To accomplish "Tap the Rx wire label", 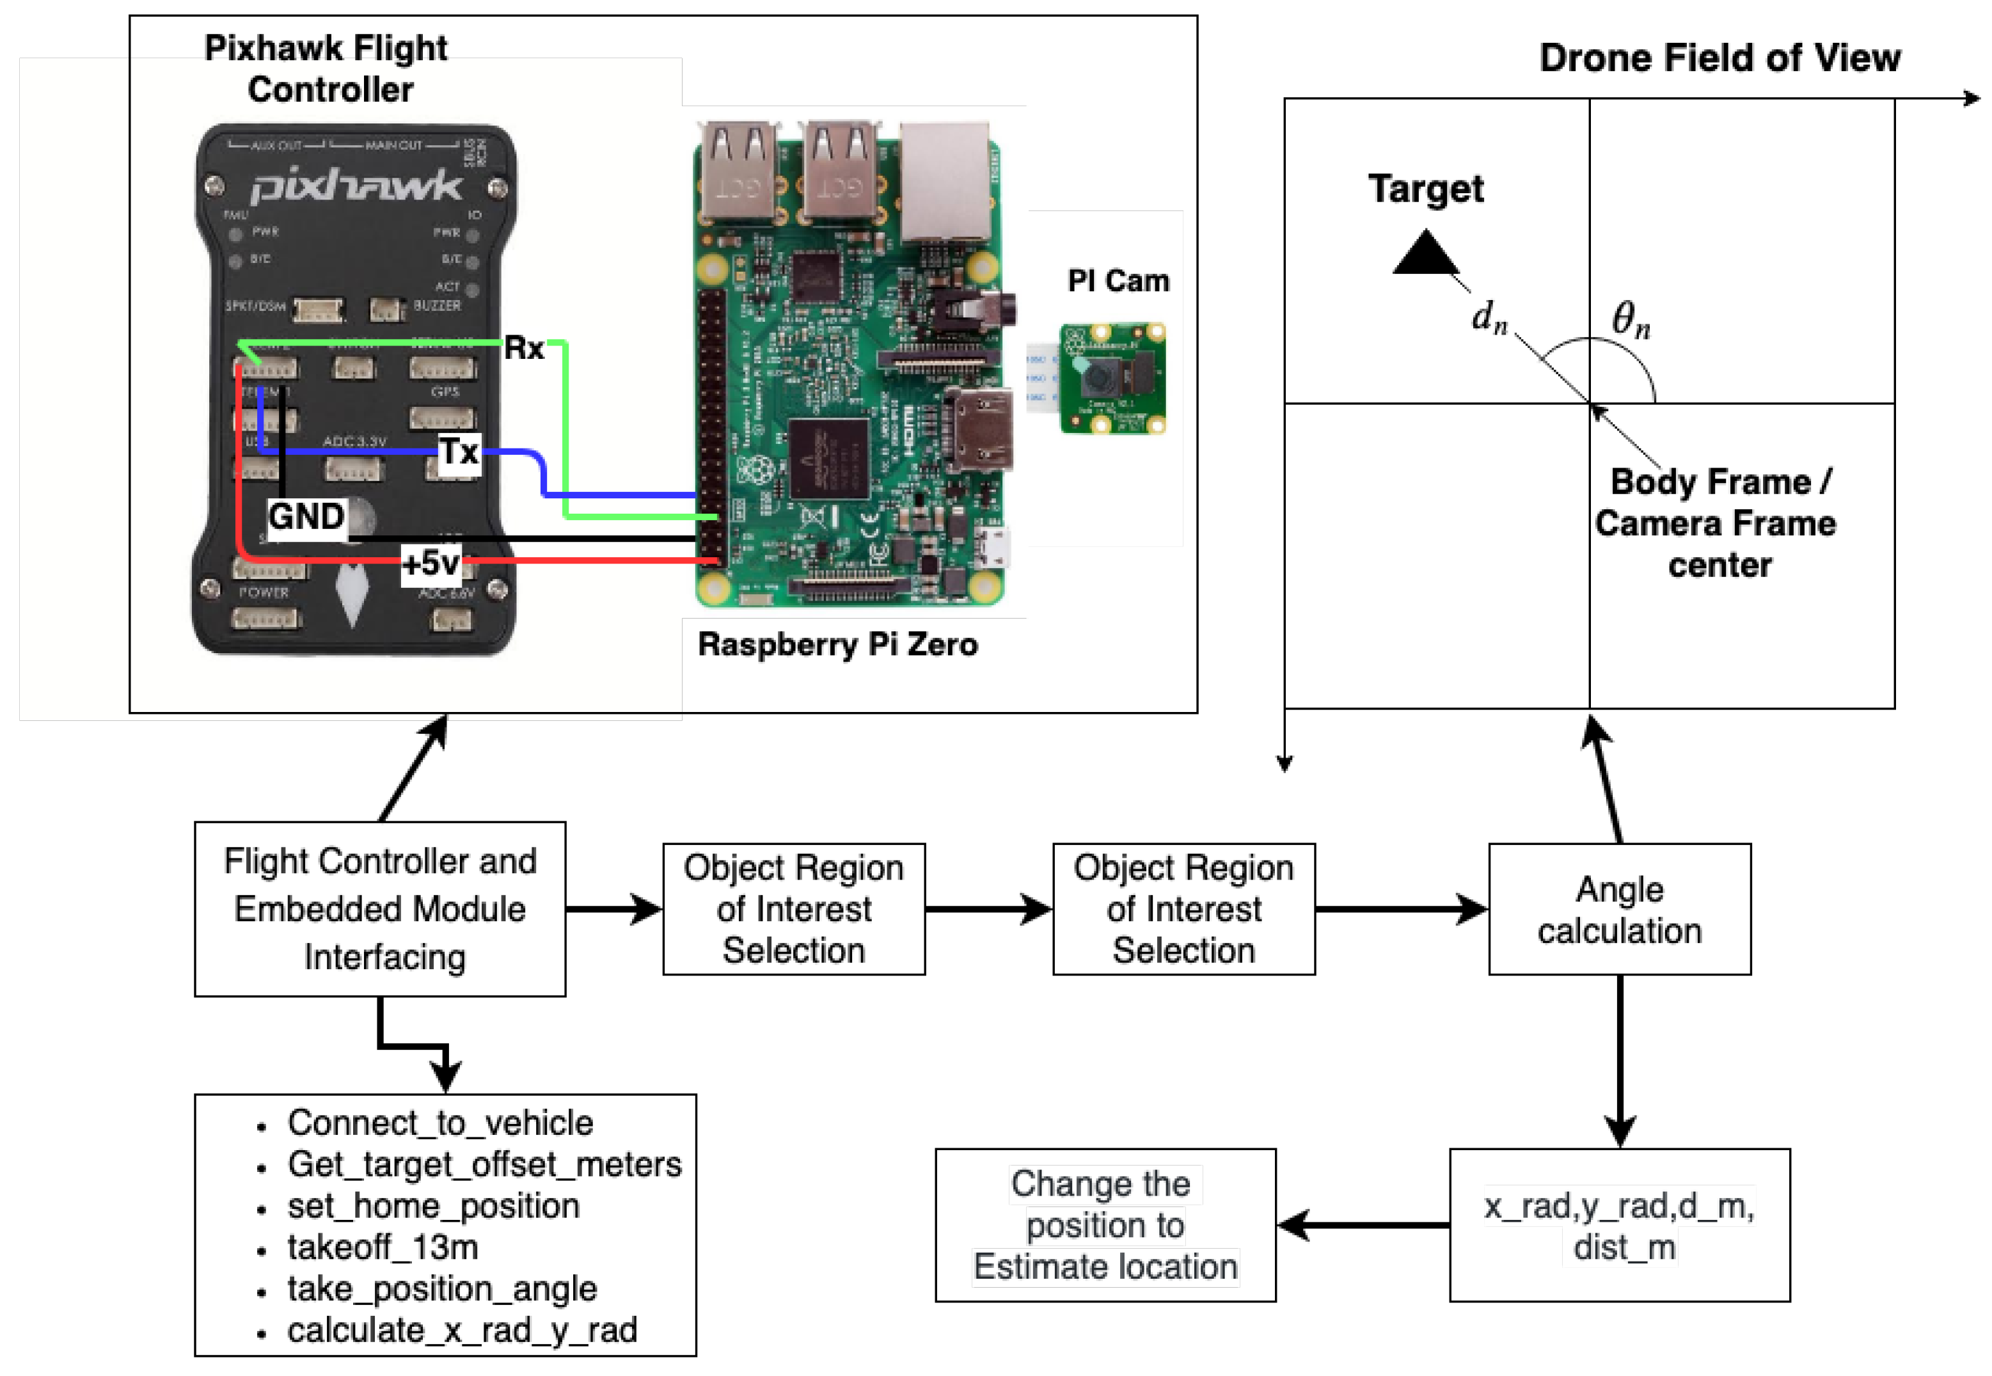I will click(523, 348).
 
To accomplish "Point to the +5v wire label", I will click(431, 564).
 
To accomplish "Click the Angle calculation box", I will click(1619, 910).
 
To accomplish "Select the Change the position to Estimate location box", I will click(1105, 1225).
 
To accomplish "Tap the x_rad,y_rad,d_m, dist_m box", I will click(1619, 1225).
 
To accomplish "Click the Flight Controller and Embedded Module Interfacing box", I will click(380, 910).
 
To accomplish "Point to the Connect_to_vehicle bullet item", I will click(439, 1123).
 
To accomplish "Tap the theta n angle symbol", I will click(1630, 320).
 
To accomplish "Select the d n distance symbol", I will click(1489, 317).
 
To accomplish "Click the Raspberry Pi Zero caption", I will click(837, 645).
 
